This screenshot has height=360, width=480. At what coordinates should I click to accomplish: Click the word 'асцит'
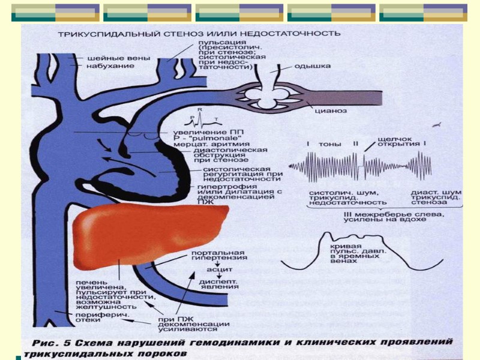(x=207, y=270)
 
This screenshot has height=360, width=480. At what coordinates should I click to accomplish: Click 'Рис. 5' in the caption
(x=55, y=343)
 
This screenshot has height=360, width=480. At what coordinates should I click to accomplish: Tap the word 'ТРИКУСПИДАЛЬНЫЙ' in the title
(x=99, y=34)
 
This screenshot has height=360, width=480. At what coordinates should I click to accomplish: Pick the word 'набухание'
(x=106, y=65)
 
